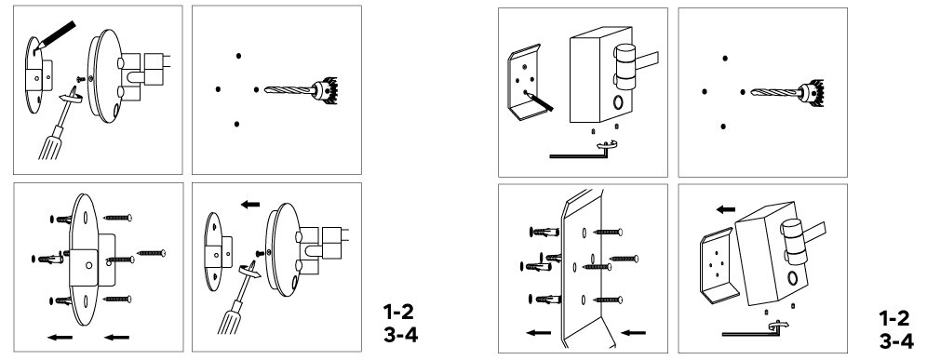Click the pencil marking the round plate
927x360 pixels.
click(x=57, y=34)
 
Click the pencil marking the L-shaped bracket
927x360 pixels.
click(x=542, y=101)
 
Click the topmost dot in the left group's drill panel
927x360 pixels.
click(x=239, y=56)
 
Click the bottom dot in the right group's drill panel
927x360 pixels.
click(x=723, y=127)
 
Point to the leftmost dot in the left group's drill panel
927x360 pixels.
click(x=218, y=89)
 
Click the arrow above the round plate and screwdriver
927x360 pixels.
click(x=250, y=205)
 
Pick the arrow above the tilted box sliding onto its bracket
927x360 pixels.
click(x=725, y=209)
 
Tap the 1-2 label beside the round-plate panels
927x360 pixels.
click(x=398, y=312)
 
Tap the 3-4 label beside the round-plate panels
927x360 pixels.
click(x=400, y=335)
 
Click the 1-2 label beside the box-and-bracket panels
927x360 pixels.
click(x=893, y=319)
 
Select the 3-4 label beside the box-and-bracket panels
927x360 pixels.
click(x=895, y=341)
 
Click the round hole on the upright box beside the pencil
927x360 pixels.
click(x=618, y=102)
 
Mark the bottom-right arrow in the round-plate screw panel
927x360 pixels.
click(x=116, y=338)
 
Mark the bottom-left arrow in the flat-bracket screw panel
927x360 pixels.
click(x=539, y=333)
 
